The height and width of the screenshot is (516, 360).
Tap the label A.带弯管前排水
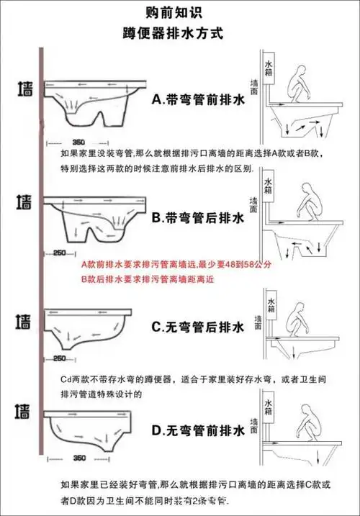click(x=198, y=101)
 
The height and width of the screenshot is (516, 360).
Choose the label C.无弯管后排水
click(x=198, y=327)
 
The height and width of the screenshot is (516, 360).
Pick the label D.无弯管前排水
click(x=198, y=431)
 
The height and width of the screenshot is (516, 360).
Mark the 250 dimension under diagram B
click(x=60, y=253)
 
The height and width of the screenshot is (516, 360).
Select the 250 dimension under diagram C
click(x=60, y=358)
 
